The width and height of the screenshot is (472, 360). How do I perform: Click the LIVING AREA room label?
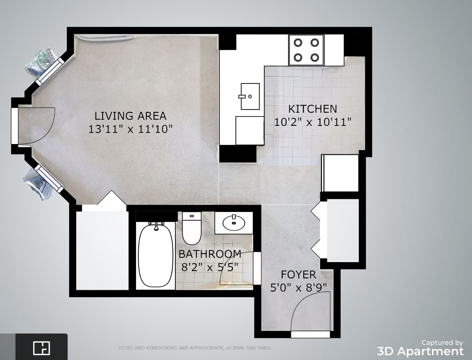point(130,116)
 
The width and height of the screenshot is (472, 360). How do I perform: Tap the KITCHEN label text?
point(313,109)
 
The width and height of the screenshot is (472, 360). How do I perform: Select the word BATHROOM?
point(210,254)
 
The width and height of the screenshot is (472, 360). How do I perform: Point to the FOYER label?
point(299,275)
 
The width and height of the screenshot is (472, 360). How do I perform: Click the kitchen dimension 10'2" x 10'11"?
point(313,122)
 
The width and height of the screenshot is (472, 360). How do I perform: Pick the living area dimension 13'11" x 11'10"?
point(130,129)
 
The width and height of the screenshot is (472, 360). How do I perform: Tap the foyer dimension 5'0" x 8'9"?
point(299,287)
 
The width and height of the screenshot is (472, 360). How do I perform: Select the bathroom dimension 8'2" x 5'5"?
point(210,267)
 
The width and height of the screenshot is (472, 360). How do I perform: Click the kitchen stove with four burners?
point(306,50)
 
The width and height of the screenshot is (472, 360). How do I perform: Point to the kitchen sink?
point(250,96)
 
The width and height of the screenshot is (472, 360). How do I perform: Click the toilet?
point(192,228)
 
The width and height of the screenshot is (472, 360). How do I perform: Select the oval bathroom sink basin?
point(234,223)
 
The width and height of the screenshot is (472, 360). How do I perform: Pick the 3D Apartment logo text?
point(420,352)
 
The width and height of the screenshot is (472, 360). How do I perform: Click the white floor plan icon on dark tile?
point(42,348)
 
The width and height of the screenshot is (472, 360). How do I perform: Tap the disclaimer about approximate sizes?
point(195,348)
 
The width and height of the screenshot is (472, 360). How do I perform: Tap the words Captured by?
point(442,343)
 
